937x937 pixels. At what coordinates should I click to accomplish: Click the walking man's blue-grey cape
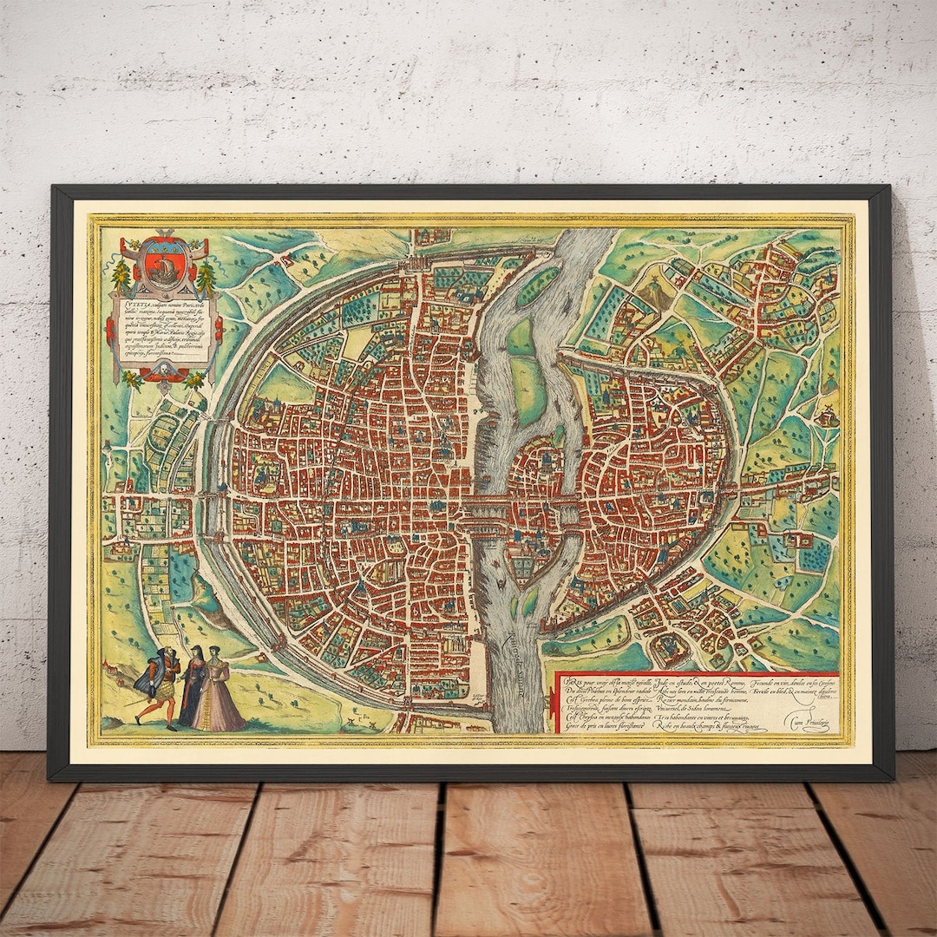148,672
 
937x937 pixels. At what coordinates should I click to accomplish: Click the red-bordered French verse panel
694,704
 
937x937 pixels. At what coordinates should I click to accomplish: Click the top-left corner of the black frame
52,187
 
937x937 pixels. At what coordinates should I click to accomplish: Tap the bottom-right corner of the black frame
893,779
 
